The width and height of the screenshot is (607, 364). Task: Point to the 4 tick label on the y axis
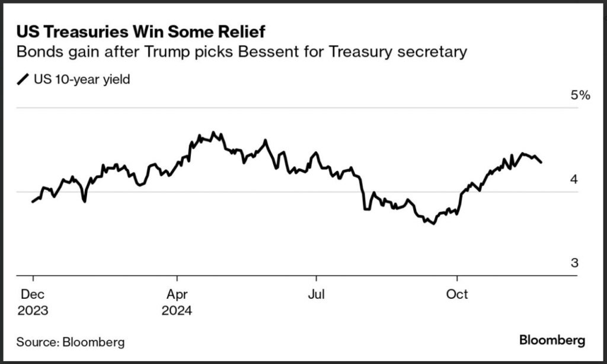click(574, 180)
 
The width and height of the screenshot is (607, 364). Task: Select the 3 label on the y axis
click(574, 263)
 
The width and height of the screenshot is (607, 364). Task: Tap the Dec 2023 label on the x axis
click(33, 301)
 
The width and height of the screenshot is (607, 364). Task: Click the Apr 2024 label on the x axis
click(177, 301)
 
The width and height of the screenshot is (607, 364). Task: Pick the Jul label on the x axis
click(316, 294)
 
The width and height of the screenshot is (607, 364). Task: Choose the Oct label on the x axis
click(457, 294)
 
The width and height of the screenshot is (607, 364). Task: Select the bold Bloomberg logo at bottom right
click(552, 340)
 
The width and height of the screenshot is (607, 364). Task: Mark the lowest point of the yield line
click(433, 224)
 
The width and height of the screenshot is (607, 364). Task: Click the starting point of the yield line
click(33, 202)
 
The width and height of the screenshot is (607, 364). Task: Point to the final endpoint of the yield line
click(542, 162)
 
